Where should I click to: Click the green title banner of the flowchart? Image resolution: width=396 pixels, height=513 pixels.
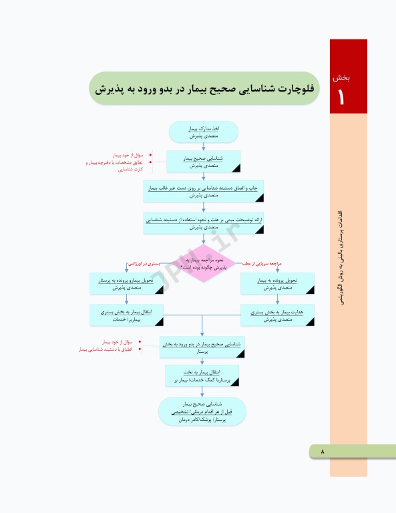pyautogui.click(x=204, y=88)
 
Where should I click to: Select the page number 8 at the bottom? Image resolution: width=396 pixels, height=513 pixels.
pyautogui.click(x=323, y=452)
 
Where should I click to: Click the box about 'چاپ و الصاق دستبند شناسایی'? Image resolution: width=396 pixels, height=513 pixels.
pyautogui.click(x=204, y=192)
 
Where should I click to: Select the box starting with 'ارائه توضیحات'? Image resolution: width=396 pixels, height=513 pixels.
pyautogui.click(x=204, y=223)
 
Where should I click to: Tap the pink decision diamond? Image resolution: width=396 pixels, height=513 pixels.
pyautogui.click(x=204, y=262)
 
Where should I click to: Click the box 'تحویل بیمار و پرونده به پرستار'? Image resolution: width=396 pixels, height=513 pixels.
pyautogui.click(x=127, y=284)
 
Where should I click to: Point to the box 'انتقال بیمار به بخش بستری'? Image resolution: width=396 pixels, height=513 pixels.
pyautogui.click(x=127, y=315)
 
